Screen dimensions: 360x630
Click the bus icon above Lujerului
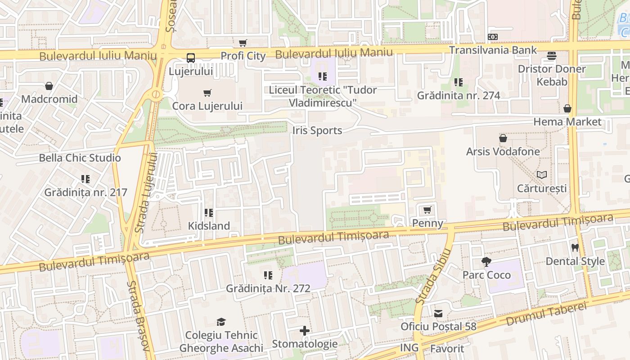191,58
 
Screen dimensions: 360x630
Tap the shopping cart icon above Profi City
243,43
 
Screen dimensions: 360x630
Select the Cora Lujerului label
207,106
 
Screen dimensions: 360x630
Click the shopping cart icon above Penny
427,210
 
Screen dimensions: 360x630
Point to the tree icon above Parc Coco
486,261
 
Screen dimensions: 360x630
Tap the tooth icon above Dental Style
575,247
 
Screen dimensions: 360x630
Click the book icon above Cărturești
542,175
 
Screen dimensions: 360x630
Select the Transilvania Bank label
493,50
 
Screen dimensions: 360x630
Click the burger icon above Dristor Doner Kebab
552,56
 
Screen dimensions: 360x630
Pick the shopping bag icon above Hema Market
567,108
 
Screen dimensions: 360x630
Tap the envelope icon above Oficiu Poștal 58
438,313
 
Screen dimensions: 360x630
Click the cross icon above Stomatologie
305,331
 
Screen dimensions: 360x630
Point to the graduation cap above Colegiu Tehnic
221,322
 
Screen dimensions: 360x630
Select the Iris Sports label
317,130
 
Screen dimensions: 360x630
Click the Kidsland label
209,226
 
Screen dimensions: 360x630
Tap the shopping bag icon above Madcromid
49,85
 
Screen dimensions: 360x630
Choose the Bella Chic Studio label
80,158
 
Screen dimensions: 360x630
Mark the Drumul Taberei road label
547,314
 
